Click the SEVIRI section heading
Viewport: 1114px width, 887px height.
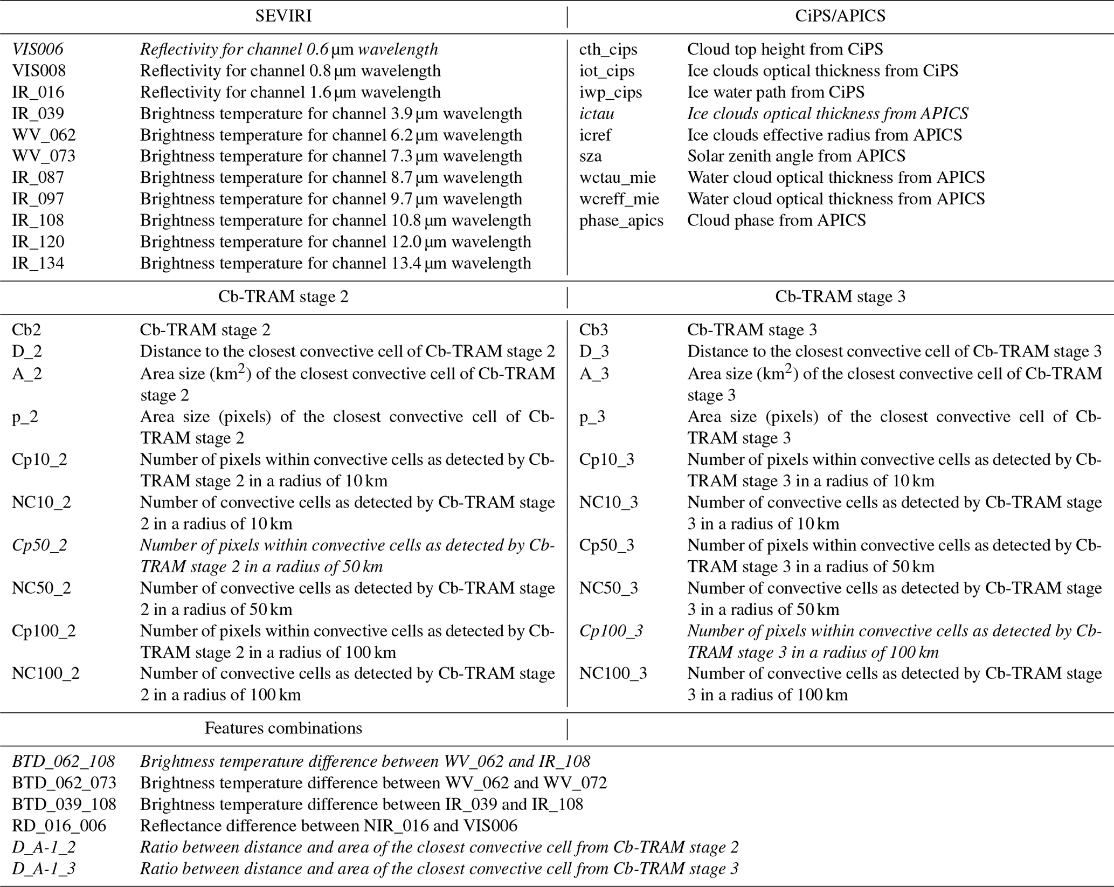pos(283,16)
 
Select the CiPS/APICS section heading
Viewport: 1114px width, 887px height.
pos(840,16)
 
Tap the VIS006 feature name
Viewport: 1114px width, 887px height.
pos(38,50)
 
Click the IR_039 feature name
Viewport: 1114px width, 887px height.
pos(38,114)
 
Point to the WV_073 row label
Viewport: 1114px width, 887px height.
pos(44,156)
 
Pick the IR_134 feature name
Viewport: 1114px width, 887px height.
pos(38,263)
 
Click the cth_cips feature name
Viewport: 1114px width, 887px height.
pos(608,50)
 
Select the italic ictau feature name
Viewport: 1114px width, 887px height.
pos(597,114)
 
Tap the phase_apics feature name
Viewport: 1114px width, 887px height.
pos(621,221)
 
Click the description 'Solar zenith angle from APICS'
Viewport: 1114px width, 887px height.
pos(796,156)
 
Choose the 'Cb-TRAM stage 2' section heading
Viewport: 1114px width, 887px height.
pos(283,297)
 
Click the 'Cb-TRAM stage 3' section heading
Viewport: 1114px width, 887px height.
pos(840,297)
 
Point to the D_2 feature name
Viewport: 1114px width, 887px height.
pos(27,352)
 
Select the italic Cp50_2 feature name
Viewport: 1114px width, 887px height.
pos(40,545)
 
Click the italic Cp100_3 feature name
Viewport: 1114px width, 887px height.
pos(611,631)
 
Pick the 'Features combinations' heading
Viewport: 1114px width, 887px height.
pos(283,728)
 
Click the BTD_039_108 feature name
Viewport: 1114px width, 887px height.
pos(64,805)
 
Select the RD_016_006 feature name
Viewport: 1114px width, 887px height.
pos(59,826)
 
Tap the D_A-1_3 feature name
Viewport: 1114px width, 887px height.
pos(44,869)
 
